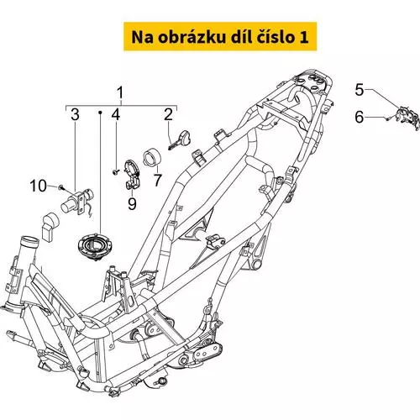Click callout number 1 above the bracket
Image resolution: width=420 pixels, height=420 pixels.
pos(120,93)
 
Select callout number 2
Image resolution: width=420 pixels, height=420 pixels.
pos(168,114)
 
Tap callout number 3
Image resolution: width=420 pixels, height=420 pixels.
pos(75,114)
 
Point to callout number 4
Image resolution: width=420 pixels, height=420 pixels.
pos(116,114)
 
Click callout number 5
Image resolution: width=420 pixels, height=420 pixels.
pos(360,90)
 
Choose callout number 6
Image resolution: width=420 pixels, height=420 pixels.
pos(360,117)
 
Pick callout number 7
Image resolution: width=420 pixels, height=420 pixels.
pos(158,180)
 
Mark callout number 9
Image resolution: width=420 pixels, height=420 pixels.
pos(132,203)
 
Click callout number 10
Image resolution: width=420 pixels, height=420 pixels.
pos(39,186)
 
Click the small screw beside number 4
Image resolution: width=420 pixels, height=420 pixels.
pos(116,171)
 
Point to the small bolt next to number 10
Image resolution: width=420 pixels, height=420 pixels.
pos(61,187)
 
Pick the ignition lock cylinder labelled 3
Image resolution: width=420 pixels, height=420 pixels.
pos(77,202)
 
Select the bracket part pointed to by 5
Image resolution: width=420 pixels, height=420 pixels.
pos(407,118)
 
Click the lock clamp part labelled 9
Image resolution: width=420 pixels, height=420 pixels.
pos(132,174)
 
